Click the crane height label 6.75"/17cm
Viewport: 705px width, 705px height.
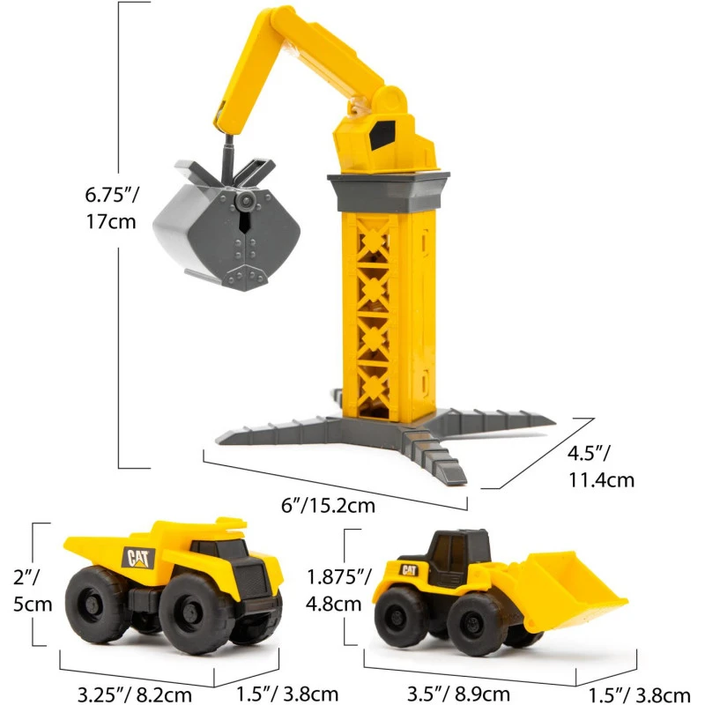tap(112, 208)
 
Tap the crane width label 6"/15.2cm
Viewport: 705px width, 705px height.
tap(328, 505)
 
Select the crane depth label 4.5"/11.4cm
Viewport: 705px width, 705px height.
tap(601, 466)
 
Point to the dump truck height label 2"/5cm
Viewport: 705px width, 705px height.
tap(33, 590)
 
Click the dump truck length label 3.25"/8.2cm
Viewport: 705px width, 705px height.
tap(135, 694)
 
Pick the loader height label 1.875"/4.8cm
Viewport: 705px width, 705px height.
tap(338, 590)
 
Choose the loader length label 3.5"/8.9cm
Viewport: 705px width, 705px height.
tap(458, 694)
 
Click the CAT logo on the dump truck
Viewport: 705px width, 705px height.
tap(138, 558)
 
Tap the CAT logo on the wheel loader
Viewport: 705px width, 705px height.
tap(409, 570)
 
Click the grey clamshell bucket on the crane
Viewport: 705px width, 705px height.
tap(227, 225)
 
